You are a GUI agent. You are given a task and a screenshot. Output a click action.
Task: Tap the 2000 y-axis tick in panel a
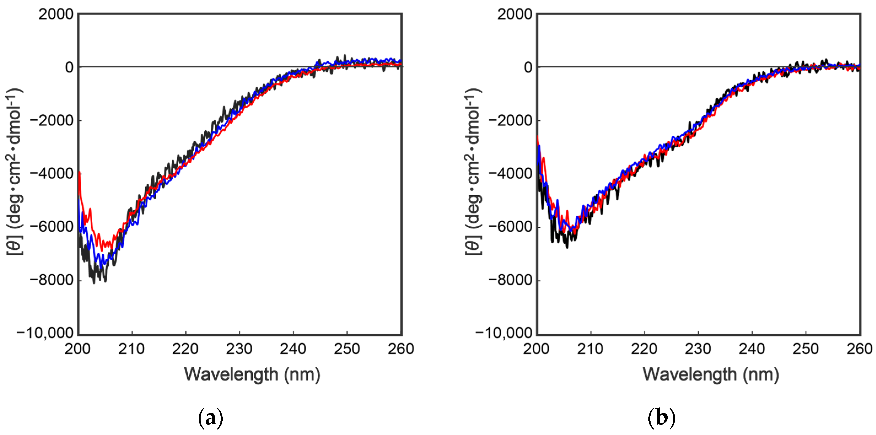coord(56,14)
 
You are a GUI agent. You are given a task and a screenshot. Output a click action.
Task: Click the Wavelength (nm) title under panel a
coord(252,375)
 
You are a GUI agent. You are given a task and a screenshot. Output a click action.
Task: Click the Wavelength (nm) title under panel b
coord(711,375)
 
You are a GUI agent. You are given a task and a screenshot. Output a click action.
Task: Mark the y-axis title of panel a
coord(15,172)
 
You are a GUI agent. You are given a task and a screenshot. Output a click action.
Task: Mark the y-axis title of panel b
coord(474,172)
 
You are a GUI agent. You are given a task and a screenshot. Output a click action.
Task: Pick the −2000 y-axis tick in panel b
coord(510,120)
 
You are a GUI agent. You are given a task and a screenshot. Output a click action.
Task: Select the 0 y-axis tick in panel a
coord(69,67)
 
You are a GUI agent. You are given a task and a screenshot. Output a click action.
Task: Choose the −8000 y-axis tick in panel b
coord(510,280)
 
